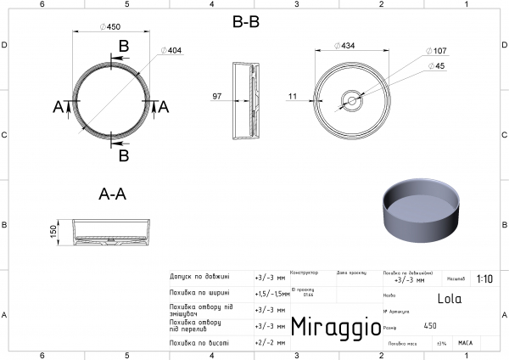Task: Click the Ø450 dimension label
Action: point(109,26)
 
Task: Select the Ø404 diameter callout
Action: point(174,51)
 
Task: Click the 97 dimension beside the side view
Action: point(217,97)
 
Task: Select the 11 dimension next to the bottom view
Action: point(293,97)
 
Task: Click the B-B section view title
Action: point(246,23)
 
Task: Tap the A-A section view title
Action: point(113,194)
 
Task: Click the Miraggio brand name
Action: point(330,327)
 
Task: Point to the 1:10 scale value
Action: point(485,278)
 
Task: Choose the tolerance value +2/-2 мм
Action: point(271,342)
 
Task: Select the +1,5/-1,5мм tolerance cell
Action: point(271,293)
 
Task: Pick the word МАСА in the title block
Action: point(465,343)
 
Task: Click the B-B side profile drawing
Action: point(244,100)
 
